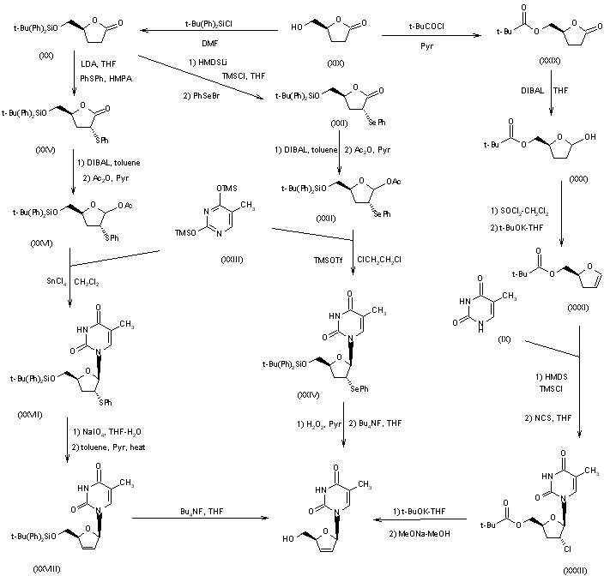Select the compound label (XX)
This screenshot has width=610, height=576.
pos(25,65)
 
